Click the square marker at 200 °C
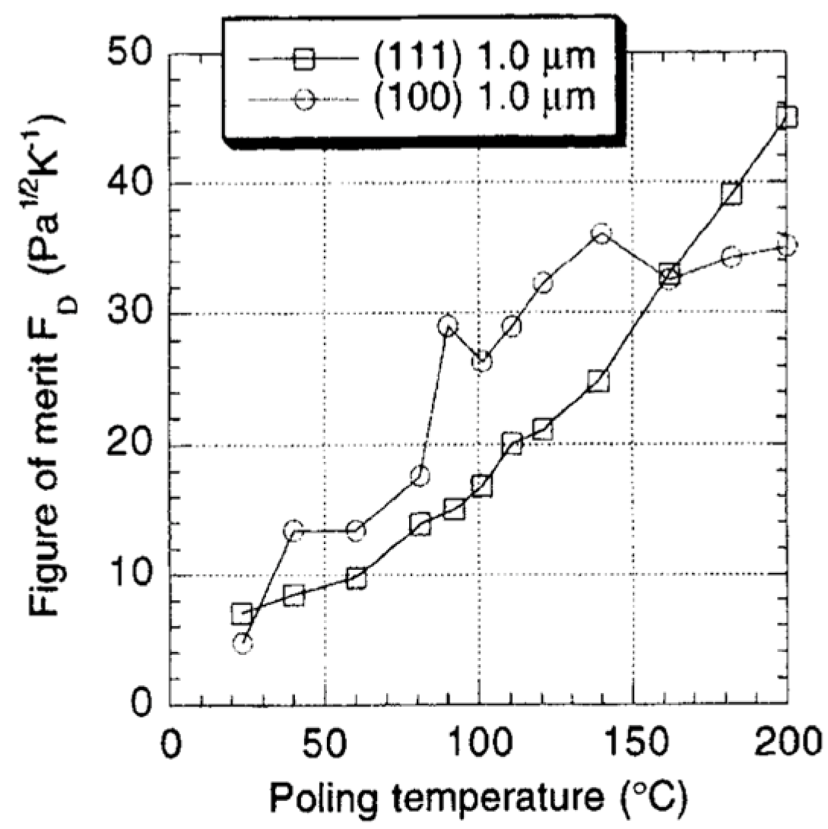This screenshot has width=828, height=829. tap(787, 116)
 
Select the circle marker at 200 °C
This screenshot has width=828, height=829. tap(788, 245)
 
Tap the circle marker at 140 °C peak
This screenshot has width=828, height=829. tap(601, 233)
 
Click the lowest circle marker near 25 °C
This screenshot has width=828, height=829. tap(243, 644)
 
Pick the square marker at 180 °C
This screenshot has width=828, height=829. tap(731, 193)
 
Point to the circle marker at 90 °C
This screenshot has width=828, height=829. tap(448, 327)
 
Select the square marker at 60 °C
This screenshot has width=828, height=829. tap(356, 578)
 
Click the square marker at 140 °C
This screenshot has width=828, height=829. tap(598, 381)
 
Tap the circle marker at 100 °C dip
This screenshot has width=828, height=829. tap(481, 362)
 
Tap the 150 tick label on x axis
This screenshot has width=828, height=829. tap(632, 742)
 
